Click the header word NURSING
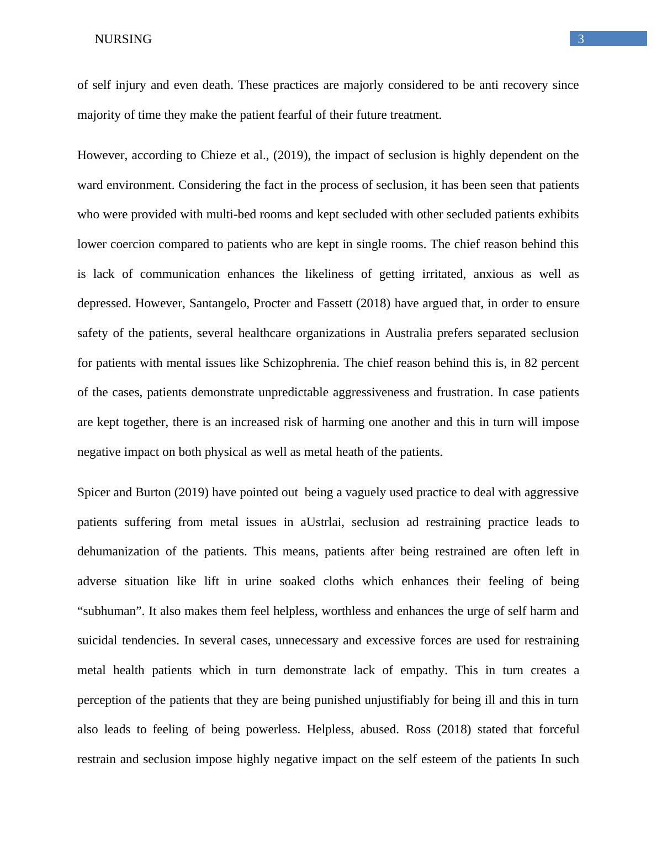tap(123, 39)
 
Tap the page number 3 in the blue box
tap(581, 39)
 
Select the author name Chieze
tap(218, 155)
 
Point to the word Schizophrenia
tap(300, 363)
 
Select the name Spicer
tap(94, 492)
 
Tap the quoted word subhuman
tap(109, 611)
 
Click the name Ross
tap(418, 729)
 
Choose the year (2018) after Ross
tap(454, 729)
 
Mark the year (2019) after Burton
tap(192, 492)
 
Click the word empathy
tap(423, 670)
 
